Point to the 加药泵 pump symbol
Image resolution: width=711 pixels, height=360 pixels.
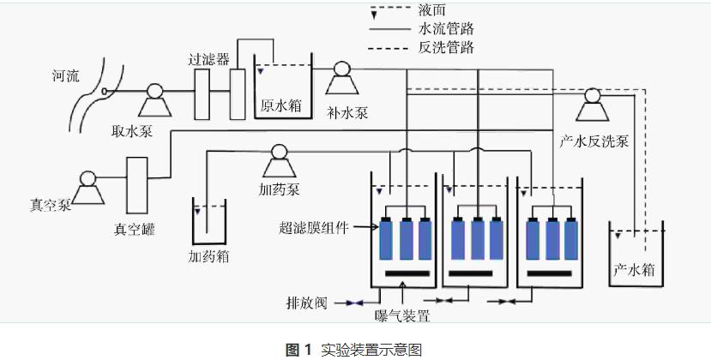pyautogui.click(x=277, y=155)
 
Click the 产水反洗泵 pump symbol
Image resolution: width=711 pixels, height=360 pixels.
pyautogui.click(x=592, y=99)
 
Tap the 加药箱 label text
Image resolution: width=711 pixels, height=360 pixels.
pyautogui.click(x=208, y=255)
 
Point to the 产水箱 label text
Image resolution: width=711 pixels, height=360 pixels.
pyautogui.click(x=634, y=269)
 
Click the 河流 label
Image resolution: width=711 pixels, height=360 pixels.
pyautogui.click(x=63, y=76)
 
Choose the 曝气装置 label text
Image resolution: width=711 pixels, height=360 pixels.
pyautogui.click(x=402, y=316)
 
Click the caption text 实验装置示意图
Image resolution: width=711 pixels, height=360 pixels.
pyautogui.click(x=371, y=350)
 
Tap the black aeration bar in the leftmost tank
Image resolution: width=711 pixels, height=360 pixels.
pyautogui.click(x=407, y=274)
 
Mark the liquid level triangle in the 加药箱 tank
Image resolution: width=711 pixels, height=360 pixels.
pyautogui.click(x=196, y=210)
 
